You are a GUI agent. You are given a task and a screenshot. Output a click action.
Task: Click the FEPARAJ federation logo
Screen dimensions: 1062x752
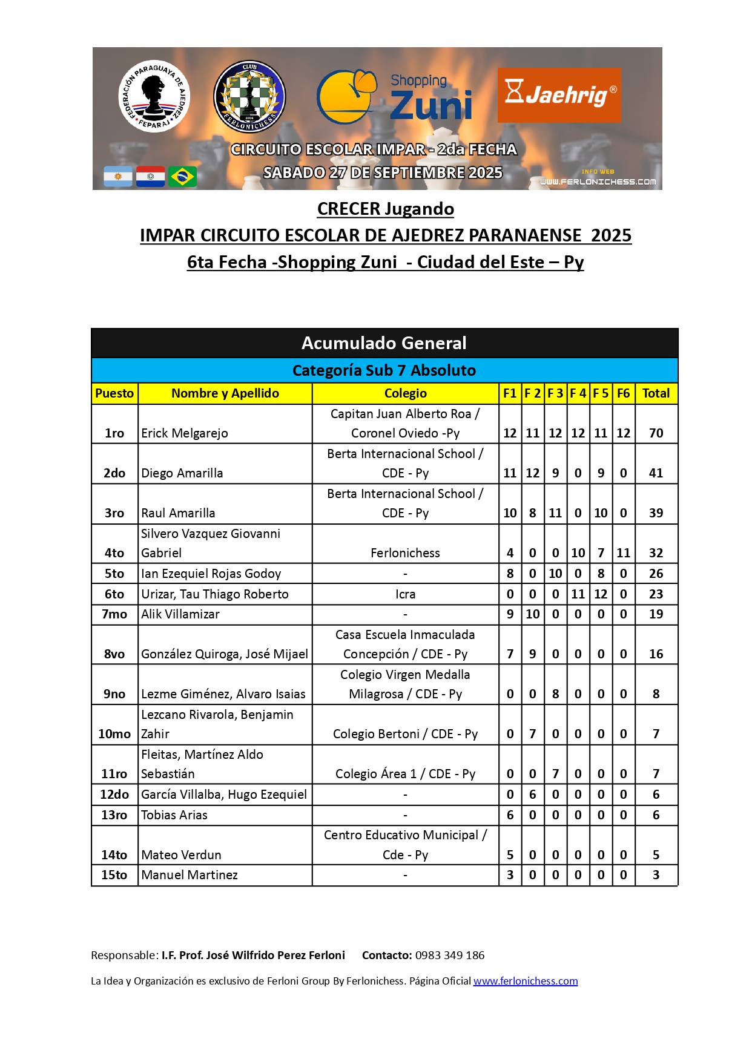tap(154, 96)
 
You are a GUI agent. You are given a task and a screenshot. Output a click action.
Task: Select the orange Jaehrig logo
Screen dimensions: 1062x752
tap(559, 95)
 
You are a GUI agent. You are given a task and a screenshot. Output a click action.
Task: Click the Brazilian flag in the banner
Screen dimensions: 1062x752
tap(182, 177)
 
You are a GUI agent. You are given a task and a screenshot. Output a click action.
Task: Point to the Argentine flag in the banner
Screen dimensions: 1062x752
tap(118, 177)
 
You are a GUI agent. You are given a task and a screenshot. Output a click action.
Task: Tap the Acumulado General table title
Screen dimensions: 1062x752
tap(384, 343)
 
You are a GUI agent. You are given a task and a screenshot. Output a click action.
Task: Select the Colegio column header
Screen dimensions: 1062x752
tap(405, 393)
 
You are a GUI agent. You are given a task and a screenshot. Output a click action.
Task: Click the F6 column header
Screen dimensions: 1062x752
tap(623, 393)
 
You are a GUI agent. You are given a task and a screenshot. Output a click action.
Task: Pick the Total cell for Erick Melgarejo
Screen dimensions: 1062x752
tap(656, 433)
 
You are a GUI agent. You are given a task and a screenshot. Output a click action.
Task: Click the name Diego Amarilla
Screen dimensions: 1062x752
tap(182, 473)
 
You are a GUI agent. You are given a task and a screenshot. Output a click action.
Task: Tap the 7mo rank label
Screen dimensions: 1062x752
tap(114, 614)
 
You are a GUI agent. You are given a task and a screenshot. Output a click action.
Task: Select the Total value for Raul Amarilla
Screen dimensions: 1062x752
tap(656, 513)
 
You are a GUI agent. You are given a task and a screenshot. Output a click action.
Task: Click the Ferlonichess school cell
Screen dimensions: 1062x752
tap(405, 553)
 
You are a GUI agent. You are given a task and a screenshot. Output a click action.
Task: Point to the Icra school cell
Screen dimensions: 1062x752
tap(405, 594)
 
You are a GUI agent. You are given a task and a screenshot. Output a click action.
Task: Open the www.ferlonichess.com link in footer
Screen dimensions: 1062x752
tap(526, 981)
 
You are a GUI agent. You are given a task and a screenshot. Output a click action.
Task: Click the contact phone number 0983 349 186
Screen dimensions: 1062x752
tap(450, 955)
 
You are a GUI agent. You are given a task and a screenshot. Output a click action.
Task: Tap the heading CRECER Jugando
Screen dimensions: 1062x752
tap(386, 209)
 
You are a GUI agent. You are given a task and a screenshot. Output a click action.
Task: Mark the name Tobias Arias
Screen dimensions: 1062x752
tap(174, 815)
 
